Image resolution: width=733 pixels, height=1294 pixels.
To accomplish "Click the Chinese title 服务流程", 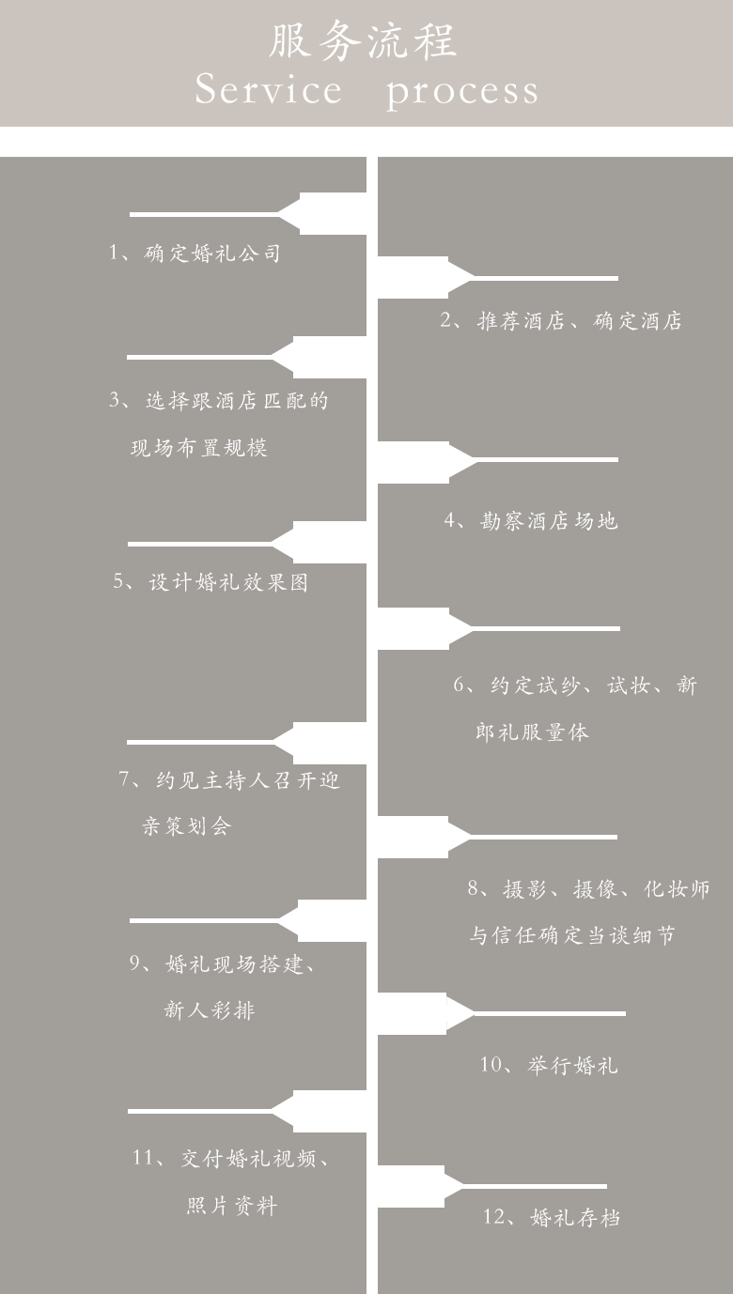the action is [363, 40].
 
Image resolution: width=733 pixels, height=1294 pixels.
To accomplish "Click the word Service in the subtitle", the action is [268, 90].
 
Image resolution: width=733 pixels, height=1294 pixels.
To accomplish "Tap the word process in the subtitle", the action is [462, 92].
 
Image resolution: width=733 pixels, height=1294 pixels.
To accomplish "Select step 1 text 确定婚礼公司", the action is [212, 253].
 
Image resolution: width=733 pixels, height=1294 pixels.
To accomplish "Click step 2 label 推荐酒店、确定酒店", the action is [579, 320].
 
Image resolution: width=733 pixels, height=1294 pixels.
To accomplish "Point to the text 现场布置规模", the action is [199, 448].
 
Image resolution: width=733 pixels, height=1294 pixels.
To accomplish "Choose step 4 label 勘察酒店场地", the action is [549, 521].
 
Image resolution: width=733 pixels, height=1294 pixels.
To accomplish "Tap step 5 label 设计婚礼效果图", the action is [228, 581].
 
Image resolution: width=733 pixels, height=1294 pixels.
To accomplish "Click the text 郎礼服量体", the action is [532, 732].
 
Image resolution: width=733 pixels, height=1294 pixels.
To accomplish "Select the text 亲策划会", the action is [187, 825].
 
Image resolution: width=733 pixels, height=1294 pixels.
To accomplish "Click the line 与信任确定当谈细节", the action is [571, 935].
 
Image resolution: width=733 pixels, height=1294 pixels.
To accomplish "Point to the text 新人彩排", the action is [210, 1010].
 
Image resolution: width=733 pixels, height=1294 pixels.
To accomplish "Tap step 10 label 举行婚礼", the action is [572, 1065].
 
